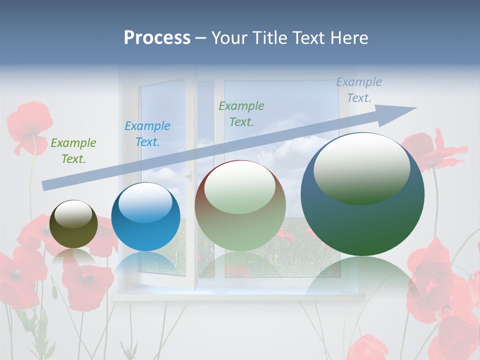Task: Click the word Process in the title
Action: [x=157, y=38]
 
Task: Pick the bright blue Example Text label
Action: [x=147, y=134]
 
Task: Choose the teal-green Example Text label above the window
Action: [x=241, y=114]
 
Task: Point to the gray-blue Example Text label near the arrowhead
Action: [x=359, y=90]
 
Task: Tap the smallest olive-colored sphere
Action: [x=73, y=224]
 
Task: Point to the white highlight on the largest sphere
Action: [x=361, y=167]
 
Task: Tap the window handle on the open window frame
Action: [x=189, y=175]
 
